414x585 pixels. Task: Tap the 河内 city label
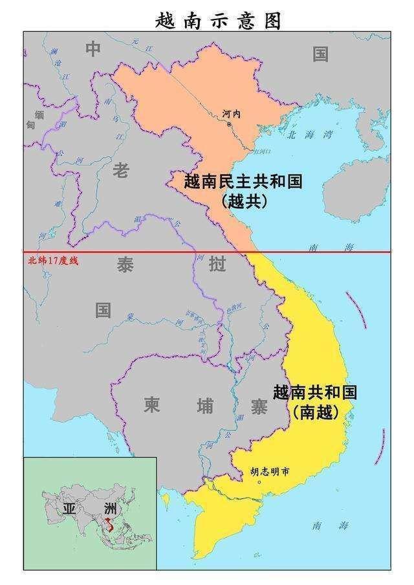(x=231, y=113)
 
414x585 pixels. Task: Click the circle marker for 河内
(x=229, y=124)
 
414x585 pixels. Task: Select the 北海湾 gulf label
(x=309, y=135)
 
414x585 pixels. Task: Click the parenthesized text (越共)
(x=244, y=201)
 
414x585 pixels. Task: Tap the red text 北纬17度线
(x=52, y=260)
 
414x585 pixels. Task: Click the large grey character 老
(x=121, y=170)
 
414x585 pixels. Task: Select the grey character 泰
(x=125, y=264)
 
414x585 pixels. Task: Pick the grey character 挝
(x=216, y=265)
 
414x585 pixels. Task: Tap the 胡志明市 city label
(x=270, y=472)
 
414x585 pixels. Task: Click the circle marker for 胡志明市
(x=260, y=482)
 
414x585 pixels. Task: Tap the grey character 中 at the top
(x=94, y=49)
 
